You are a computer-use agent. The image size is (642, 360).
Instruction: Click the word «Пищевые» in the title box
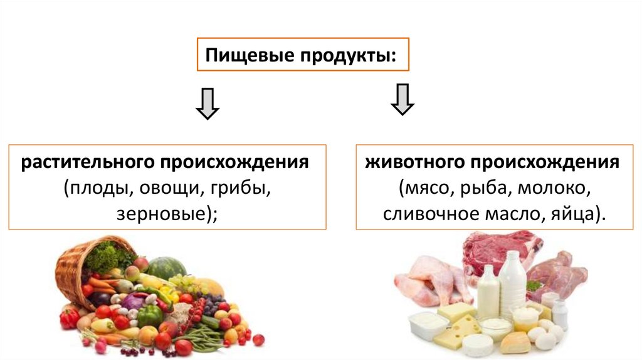point(238,56)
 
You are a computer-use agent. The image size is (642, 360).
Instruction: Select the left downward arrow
point(207,104)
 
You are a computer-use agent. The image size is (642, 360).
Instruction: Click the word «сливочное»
point(425,214)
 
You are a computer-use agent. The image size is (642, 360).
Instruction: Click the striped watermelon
point(166,268)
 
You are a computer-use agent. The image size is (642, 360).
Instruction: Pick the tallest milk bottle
point(512,282)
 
